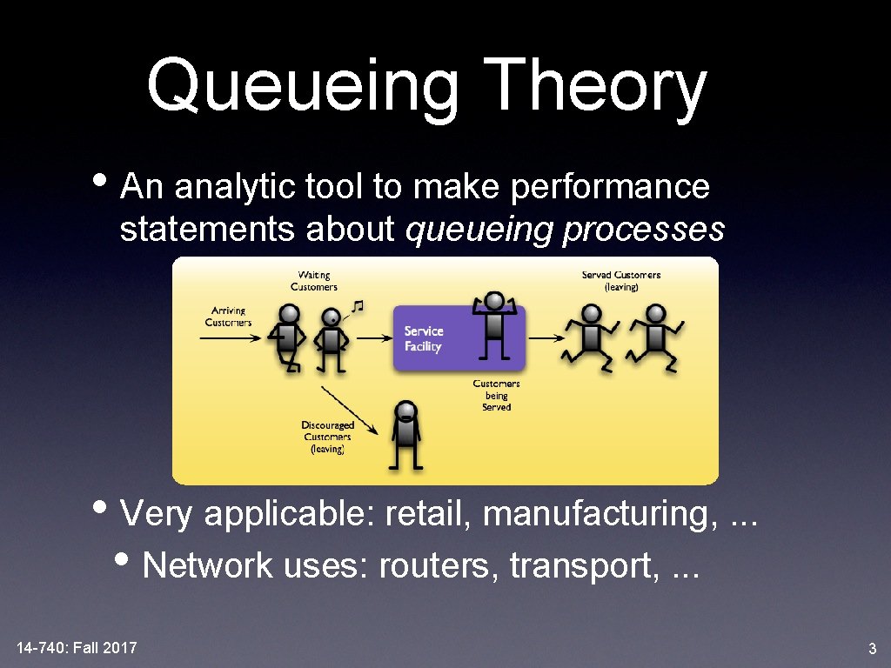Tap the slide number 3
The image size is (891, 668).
pyautogui.click(x=872, y=648)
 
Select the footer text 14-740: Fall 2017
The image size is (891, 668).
pyautogui.click(x=77, y=647)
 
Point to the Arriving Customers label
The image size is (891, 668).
pyautogui.click(x=228, y=316)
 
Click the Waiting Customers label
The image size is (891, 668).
pyautogui.click(x=313, y=281)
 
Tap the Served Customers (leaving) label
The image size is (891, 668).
pyautogui.click(x=621, y=281)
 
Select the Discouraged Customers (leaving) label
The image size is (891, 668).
pyautogui.click(x=327, y=438)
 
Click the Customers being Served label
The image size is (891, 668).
pyautogui.click(x=496, y=395)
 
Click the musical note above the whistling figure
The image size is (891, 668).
pyautogui.click(x=357, y=306)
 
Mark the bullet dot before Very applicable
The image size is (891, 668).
pyautogui.click(x=109, y=511)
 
